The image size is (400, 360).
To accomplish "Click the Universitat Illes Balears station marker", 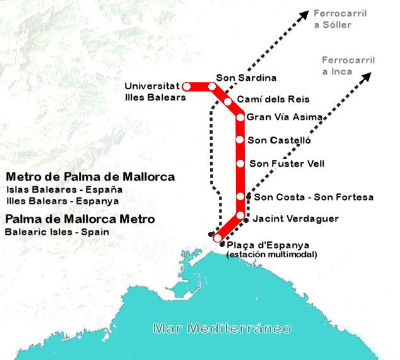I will [x=186, y=87].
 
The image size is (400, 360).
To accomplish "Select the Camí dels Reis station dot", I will [x=228, y=102].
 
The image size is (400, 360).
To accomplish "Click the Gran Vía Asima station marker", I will [x=240, y=117].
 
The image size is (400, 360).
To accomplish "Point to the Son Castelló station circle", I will [x=240, y=140].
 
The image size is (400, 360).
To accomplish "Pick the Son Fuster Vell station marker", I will [x=240, y=164].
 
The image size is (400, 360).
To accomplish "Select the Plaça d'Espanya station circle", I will [x=218, y=238].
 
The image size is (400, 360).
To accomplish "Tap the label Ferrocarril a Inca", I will [x=348, y=66].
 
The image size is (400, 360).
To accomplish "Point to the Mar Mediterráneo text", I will [x=223, y=328].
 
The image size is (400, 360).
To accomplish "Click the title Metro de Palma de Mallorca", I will [x=90, y=177].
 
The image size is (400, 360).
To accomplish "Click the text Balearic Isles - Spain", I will [x=57, y=232].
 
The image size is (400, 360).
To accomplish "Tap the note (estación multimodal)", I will [x=271, y=255].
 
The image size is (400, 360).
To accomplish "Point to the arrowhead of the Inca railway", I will [x=367, y=76].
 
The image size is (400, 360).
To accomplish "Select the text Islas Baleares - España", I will [x=64, y=189].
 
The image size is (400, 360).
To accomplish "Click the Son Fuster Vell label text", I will [x=287, y=164].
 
